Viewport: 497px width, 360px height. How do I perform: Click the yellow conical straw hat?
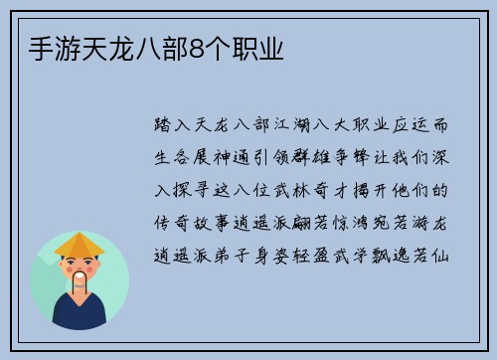[x=80, y=245]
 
